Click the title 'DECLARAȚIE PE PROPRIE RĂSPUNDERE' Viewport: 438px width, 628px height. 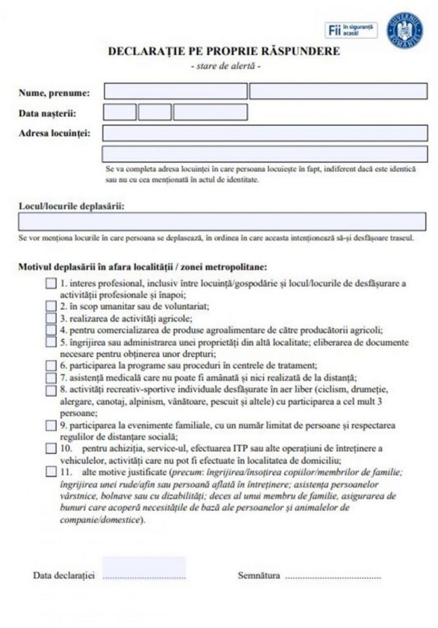point(224,52)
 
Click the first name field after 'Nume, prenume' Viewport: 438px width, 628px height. point(175,91)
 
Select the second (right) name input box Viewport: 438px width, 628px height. point(338,91)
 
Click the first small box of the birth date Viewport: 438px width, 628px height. point(120,112)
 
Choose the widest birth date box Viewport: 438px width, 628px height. point(210,112)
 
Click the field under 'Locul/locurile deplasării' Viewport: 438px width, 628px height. point(222,221)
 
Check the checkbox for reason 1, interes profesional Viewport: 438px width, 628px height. point(51,283)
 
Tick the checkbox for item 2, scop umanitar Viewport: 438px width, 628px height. point(51,305)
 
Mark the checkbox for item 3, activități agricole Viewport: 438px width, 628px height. point(51,318)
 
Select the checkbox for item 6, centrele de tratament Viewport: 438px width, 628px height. point(51,366)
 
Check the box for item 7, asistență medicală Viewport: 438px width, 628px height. point(51,377)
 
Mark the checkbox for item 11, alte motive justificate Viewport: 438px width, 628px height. point(51,472)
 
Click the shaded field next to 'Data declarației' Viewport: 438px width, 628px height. point(144,569)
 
